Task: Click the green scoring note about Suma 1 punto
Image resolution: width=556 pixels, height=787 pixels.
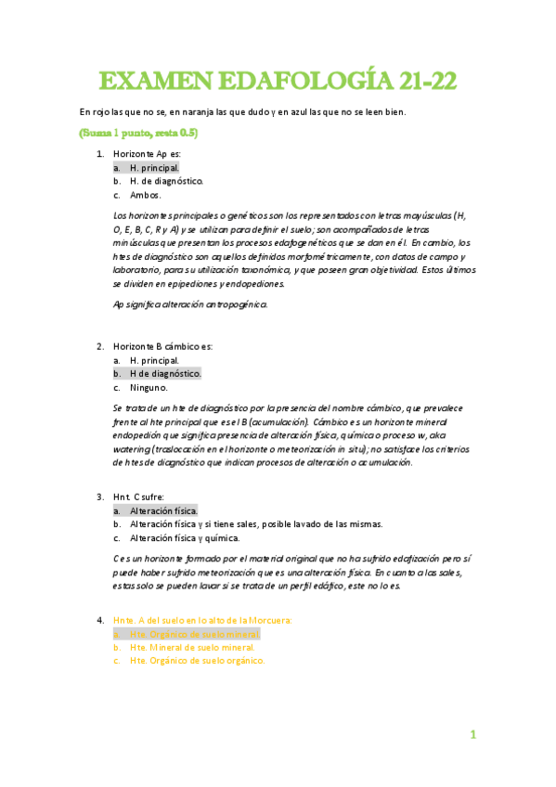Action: [138, 133]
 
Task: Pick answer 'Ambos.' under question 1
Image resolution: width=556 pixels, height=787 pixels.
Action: [146, 195]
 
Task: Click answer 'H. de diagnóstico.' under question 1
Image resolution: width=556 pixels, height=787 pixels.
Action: [166, 181]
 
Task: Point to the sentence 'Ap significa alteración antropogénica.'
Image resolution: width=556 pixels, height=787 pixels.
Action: [189, 303]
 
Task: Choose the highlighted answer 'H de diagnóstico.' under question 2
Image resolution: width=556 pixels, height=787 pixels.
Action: [165, 373]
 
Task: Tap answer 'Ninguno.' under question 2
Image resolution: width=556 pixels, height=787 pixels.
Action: [149, 387]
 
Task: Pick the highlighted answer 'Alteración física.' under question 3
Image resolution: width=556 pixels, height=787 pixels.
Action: [163, 510]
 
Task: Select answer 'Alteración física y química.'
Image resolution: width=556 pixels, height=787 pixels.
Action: [185, 537]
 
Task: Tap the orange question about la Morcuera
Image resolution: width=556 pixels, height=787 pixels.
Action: [202, 619]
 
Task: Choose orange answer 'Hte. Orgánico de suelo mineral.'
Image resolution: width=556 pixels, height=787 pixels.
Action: [194, 633]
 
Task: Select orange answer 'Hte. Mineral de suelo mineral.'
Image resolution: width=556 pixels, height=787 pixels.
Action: [191, 647]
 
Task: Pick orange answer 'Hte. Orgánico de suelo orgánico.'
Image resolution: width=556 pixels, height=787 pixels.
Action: [198, 661]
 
